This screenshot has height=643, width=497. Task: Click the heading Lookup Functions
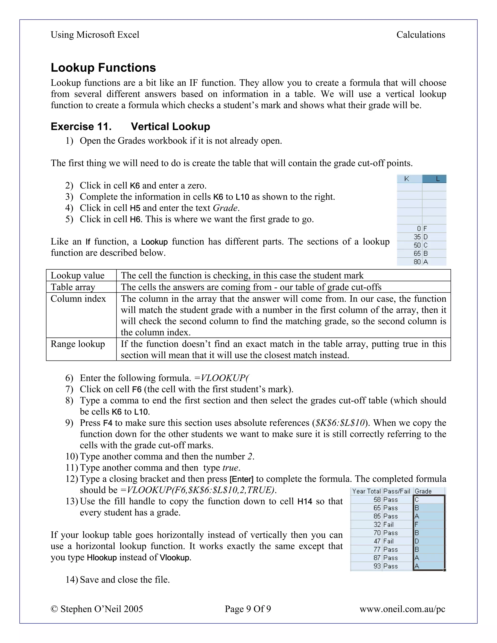pyautogui.click(x=103, y=67)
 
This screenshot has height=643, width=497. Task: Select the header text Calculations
pyautogui.click(x=421, y=35)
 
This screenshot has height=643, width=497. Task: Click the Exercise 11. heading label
pyautogui.click(x=81, y=127)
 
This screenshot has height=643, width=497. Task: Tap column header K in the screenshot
pyautogui.click(x=407, y=179)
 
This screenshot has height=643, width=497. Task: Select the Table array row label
pyautogui.click(x=73, y=287)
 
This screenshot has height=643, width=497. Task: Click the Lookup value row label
pyautogui.click(x=77, y=276)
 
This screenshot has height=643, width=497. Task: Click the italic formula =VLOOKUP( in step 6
pyautogui.click(x=221, y=378)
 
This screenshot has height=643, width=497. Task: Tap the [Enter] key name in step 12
pyautogui.click(x=241, y=479)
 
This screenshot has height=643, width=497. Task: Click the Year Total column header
pyautogui.click(x=366, y=491)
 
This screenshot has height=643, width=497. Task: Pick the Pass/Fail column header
pyautogui.click(x=397, y=491)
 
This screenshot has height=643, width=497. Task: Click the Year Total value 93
pyautogui.click(x=377, y=566)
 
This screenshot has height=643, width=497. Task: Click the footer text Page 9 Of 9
pyautogui.click(x=248, y=609)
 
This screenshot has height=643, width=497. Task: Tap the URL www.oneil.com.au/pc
pyautogui.click(x=402, y=609)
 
